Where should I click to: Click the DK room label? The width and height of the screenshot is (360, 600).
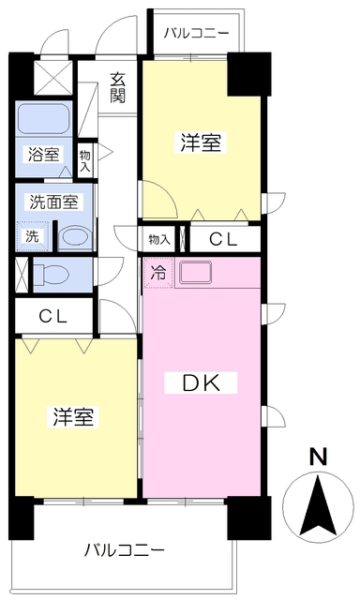coord(201,382)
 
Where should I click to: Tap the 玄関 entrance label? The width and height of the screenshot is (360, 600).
coord(118,87)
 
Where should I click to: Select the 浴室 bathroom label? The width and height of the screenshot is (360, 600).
coord(44,155)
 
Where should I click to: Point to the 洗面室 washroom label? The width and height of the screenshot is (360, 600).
coord(54,202)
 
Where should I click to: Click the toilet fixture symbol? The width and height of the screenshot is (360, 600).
coord(51,275)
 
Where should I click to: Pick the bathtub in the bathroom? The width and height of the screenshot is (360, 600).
coord(44,118)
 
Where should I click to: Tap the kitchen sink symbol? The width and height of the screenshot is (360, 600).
coord(196,272)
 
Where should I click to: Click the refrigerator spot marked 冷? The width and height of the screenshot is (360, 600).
coord(158,273)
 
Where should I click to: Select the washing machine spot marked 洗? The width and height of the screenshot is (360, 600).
coord(33,236)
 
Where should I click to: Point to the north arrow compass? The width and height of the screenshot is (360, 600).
coord(318,506)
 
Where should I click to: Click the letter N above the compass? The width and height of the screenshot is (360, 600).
coord(319,457)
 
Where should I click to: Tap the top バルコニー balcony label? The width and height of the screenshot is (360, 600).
coord(197,34)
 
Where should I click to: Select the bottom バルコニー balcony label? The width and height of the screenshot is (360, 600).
coord(125,550)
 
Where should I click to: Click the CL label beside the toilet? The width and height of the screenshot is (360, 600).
coord(54,317)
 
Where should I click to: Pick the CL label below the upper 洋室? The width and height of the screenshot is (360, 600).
coord(224,240)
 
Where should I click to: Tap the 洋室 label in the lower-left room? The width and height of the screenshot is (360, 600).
coord(73,416)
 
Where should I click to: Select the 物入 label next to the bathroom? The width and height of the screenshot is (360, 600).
coord(85,160)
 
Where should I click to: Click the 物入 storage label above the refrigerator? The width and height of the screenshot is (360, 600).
coord(158,240)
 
